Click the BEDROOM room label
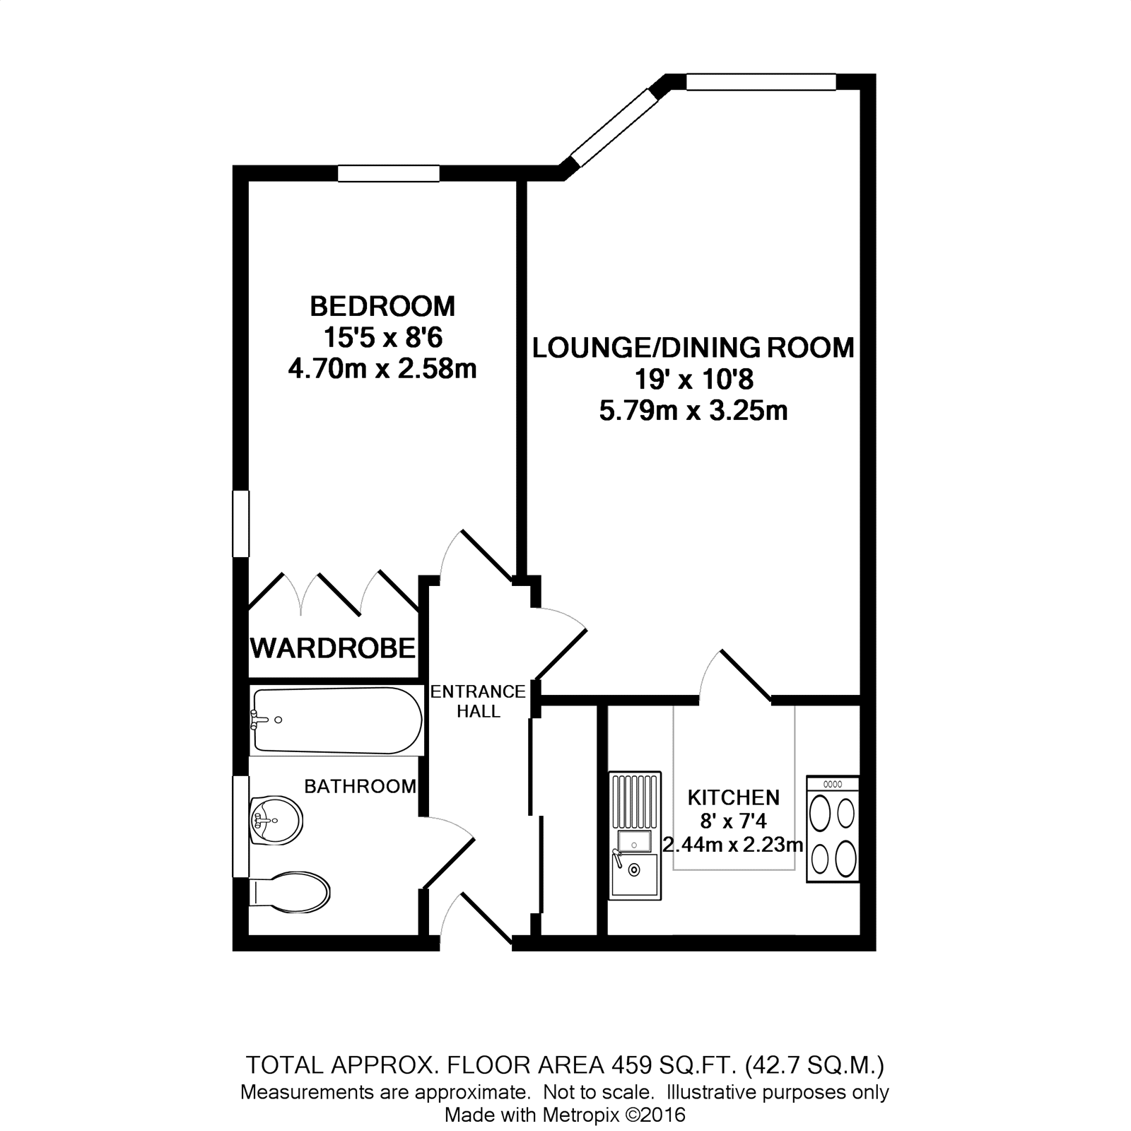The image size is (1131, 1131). tap(382, 306)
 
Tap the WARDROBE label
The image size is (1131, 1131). tap(333, 647)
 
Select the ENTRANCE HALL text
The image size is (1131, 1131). tap(479, 701)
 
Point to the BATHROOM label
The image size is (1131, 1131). tap(360, 786)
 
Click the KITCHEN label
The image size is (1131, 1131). tap(734, 797)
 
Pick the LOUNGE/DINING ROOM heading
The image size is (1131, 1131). tap(693, 348)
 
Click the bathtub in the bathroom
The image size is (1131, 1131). tap(336, 720)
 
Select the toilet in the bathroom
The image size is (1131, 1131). tap(291, 891)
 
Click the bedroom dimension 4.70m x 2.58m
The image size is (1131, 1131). tap(382, 368)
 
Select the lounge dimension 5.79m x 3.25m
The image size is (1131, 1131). tap(693, 410)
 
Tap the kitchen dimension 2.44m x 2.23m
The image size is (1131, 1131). tap(733, 844)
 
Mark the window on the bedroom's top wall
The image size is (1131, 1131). tap(388, 172)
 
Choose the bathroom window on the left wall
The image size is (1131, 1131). tap(241, 826)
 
